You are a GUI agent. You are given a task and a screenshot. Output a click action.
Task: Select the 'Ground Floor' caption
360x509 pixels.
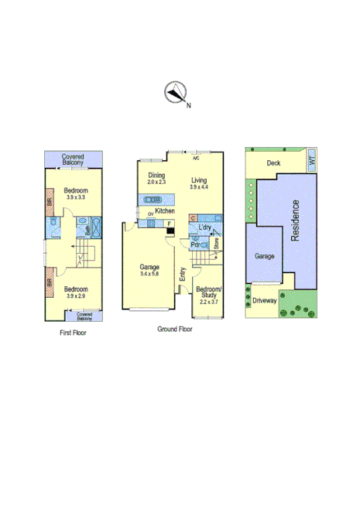(174, 329)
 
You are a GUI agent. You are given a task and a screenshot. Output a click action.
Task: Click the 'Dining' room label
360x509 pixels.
(156, 176)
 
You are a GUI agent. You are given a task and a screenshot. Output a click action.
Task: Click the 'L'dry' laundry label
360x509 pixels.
(205, 227)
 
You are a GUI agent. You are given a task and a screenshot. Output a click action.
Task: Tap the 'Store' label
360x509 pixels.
(217, 244)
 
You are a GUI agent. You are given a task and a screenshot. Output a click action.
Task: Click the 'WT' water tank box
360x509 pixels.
(311, 160)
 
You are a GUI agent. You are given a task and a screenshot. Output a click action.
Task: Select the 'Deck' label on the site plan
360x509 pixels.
(273, 163)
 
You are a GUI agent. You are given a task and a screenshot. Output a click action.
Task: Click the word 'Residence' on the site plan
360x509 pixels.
(295, 221)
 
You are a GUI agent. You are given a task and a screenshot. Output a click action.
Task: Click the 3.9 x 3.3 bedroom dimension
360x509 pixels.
(76, 198)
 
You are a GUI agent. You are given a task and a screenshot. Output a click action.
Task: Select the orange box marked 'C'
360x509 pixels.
(193, 218)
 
